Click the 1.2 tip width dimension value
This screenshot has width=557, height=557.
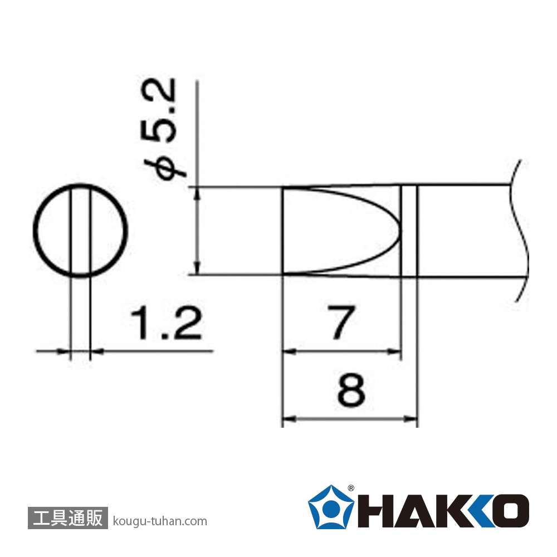166,324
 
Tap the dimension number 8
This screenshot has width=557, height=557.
351,390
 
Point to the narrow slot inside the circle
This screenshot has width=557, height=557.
81,230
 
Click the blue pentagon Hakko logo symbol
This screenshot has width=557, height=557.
331,507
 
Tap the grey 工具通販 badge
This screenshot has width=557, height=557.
67,518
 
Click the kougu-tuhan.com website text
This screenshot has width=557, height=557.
160,521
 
